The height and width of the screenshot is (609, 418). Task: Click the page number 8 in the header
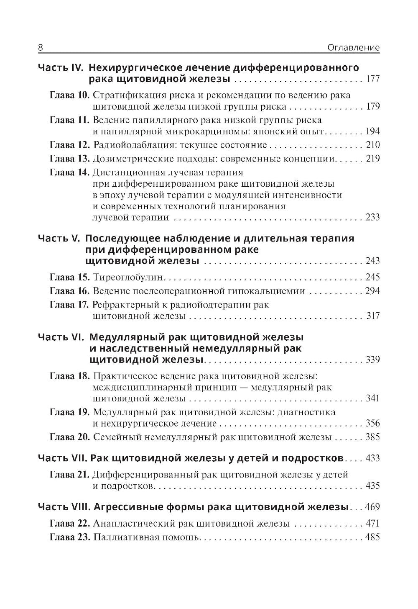coord(41,47)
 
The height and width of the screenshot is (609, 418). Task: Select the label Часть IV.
coord(61,68)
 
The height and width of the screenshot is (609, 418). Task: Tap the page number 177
coord(372,80)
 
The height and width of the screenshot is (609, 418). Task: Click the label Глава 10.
coord(69,95)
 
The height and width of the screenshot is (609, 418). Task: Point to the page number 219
coord(372,159)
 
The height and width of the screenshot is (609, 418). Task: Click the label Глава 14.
coord(69,172)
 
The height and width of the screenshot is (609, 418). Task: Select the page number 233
coord(372,217)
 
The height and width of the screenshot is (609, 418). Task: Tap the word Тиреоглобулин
coord(129,277)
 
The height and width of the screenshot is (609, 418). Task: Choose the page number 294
coord(372,291)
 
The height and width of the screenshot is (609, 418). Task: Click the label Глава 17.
coord(69,305)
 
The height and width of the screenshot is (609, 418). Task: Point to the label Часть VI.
coord(61,337)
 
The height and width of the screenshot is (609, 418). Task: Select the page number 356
coord(372,423)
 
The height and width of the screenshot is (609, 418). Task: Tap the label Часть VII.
coord(63,458)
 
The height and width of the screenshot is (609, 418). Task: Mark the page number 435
coord(372,486)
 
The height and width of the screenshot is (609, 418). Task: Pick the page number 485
coord(372,537)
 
